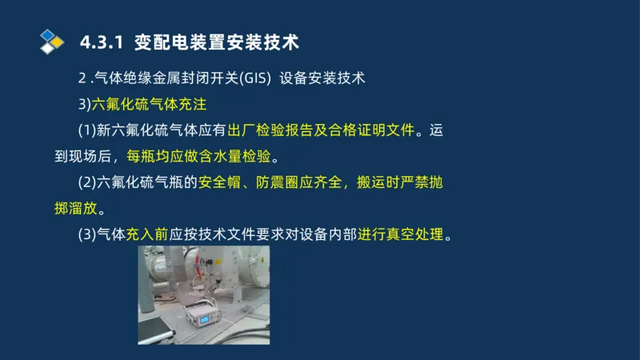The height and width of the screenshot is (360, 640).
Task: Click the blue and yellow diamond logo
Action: pos(51,40)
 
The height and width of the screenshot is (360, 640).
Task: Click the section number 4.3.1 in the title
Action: pos(102,41)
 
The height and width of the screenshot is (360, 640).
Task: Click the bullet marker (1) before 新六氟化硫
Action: pos(86,130)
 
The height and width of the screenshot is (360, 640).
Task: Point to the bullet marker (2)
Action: pos(86,182)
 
